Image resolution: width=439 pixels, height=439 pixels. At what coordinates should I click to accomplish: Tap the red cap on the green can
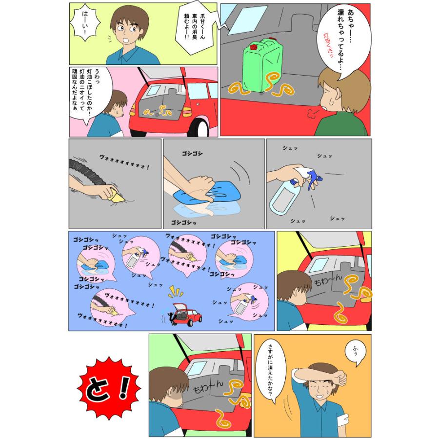pos(254,47)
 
